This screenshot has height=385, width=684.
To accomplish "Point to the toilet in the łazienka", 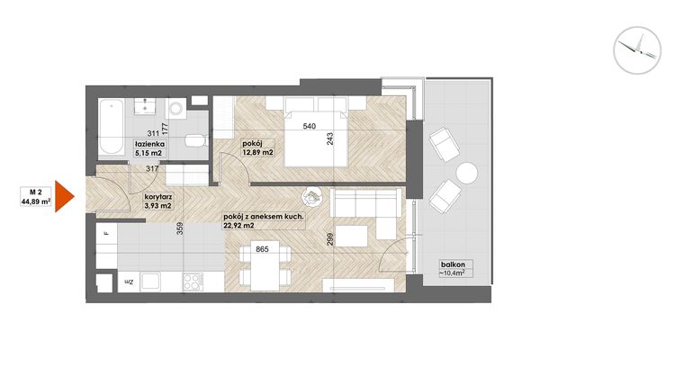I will click(x=194, y=141).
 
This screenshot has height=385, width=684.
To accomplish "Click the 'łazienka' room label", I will click(x=149, y=144).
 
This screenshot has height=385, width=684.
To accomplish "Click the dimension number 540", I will click(x=310, y=127).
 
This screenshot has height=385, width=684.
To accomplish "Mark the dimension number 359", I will click(x=180, y=229).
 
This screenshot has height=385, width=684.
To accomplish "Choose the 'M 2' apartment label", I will click(x=36, y=191).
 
